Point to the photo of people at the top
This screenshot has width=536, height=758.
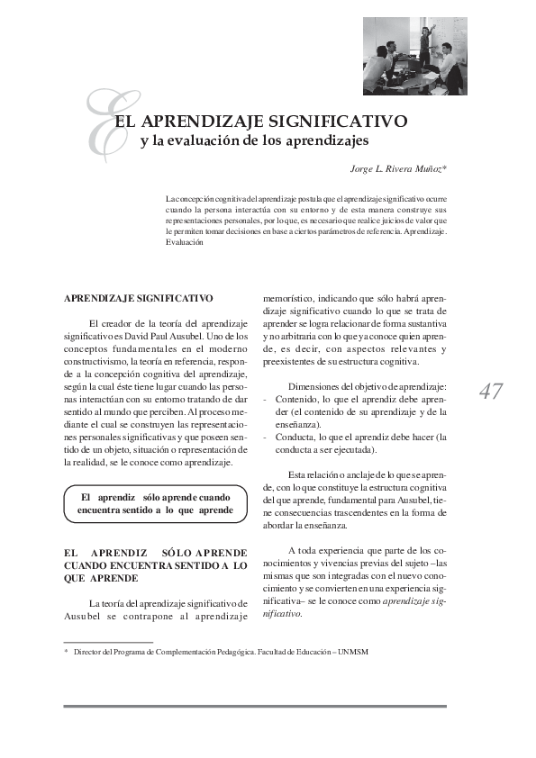tap(414, 57)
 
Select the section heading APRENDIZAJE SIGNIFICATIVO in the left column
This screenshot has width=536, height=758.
tap(138, 297)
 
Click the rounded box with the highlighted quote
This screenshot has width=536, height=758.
tap(154, 503)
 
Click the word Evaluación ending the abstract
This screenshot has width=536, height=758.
tap(186, 242)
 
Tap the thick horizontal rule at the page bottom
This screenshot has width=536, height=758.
tap(254, 706)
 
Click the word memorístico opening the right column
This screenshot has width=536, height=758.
tap(288, 297)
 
